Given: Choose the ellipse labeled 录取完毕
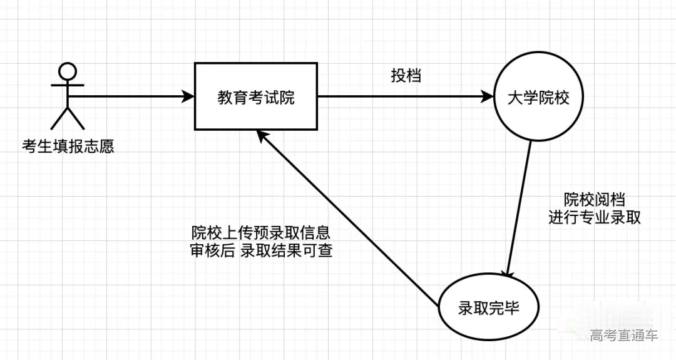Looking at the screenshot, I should pos(488,309).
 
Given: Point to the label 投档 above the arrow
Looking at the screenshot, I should pos(406,76).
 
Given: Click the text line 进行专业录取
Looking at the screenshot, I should pos(594,217).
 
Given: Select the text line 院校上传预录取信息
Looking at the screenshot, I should pos(261,232).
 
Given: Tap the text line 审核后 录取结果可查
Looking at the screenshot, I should pos(261,250).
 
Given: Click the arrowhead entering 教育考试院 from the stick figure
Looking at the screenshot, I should pos(188,97).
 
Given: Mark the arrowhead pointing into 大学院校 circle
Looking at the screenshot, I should pos(487,97).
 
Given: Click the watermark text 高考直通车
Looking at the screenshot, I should pos(623,336).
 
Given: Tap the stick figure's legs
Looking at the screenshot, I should pos(68,118).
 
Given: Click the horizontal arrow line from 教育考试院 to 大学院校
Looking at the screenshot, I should pos(401,97).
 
